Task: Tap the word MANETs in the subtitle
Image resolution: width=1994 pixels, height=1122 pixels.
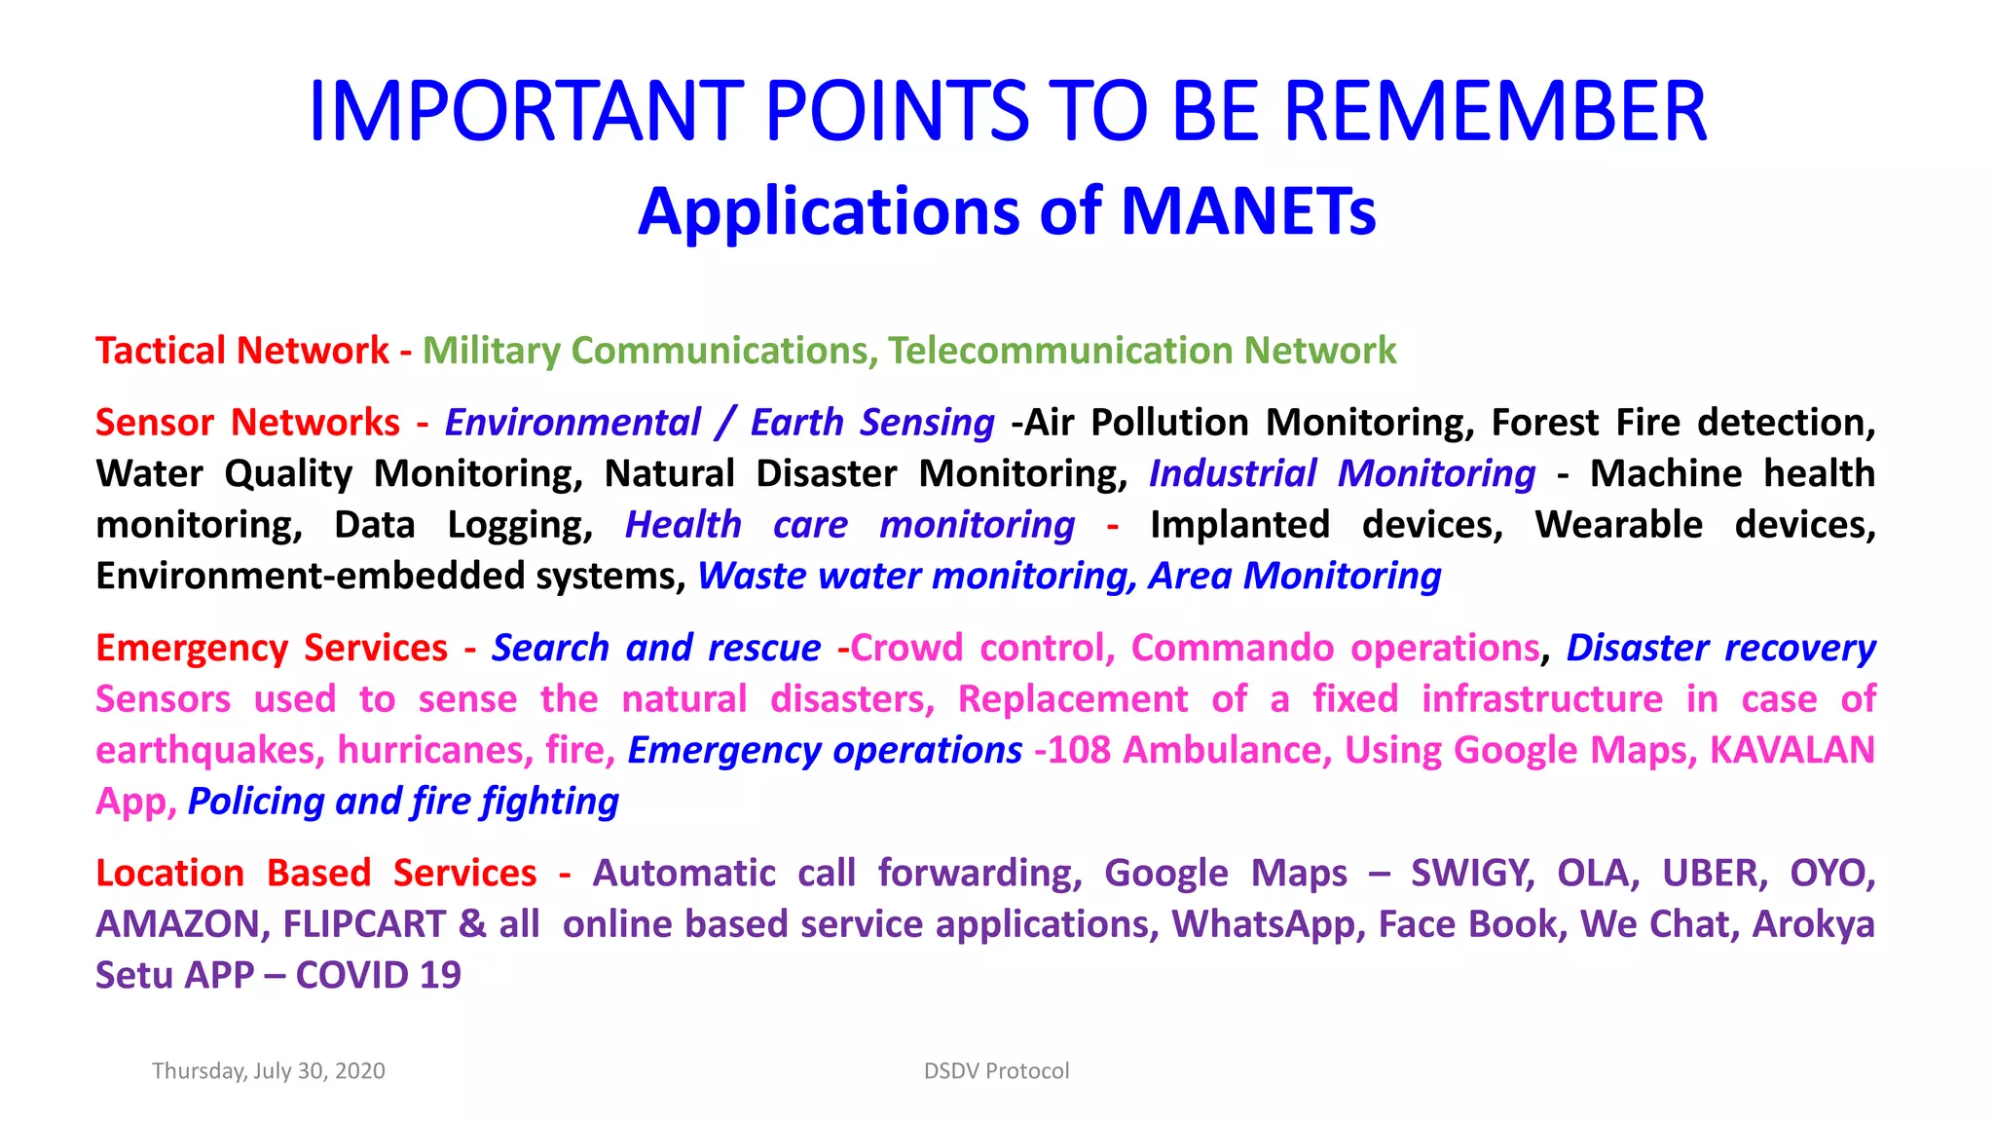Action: (x=1248, y=211)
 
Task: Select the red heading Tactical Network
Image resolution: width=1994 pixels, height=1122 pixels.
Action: (x=241, y=351)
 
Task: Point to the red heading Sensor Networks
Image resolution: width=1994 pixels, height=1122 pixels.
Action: (x=247, y=423)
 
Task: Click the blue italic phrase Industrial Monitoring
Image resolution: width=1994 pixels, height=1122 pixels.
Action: (x=1342, y=473)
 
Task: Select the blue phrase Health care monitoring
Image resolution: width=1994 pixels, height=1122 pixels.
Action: (x=849, y=525)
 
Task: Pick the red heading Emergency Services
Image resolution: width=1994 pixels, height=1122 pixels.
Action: (x=271, y=648)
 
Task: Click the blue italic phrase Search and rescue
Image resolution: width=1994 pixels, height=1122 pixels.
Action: (x=655, y=648)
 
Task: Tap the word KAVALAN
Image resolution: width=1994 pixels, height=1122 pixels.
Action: (x=1791, y=750)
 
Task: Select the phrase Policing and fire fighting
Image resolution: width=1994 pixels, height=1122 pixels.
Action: (x=403, y=802)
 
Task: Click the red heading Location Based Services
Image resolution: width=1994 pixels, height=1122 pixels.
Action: (x=315, y=873)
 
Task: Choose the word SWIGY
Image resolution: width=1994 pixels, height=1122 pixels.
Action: (x=1472, y=873)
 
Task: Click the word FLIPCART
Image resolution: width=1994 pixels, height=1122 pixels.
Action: (x=363, y=924)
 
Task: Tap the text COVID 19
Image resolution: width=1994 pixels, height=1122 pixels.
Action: (x=378, y=975)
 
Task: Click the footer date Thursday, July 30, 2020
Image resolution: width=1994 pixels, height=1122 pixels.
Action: (x=269, y=1071)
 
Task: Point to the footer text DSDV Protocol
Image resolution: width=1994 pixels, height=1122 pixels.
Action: (x=996, y=1071)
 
